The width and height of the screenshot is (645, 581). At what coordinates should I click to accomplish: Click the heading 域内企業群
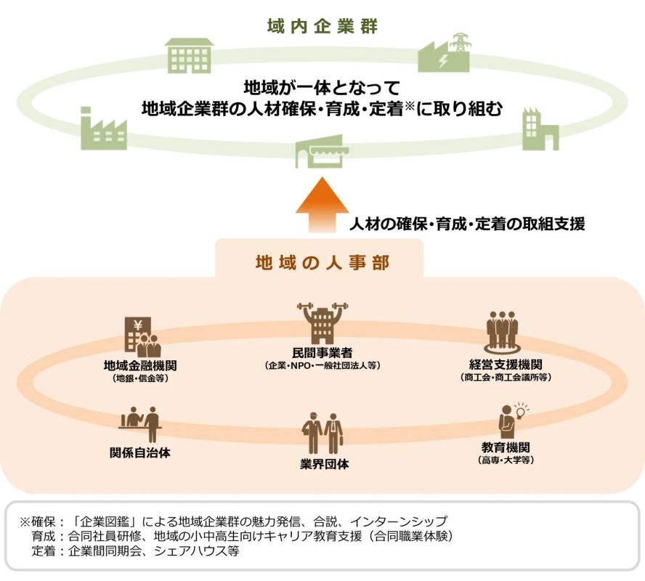(322, 27)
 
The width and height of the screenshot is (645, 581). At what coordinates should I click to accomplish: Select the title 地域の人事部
(322, 262)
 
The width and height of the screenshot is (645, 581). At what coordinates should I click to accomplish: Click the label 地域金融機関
(140, 365)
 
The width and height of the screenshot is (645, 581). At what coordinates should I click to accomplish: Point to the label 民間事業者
(322, 352)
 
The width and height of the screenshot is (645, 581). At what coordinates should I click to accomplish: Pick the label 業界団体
(323, 463)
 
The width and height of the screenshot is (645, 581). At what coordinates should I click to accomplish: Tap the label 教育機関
(506, 446)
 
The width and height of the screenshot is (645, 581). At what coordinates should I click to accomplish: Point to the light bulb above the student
(519, 408)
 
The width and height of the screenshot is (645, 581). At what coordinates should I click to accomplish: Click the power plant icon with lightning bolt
(445, 52)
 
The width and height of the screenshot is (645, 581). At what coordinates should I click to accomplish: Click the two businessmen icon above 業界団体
(322, 433)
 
